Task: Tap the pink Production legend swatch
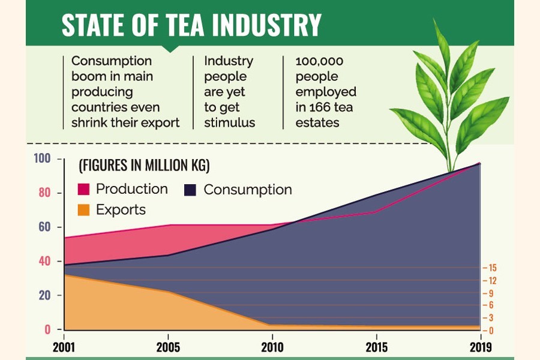pos(83,190)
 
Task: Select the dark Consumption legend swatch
pos(190,190)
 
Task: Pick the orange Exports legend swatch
pos(83,210)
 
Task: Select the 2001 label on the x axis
pos(64,347)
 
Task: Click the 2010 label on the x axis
pos(273,347)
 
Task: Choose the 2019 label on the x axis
pos(481,347)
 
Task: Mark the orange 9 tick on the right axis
pos(491,293)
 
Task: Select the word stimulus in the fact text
pos(230,123)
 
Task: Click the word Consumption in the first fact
pos(112,61)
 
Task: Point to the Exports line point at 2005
pos(169,292)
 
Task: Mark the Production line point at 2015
pos(376,212)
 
